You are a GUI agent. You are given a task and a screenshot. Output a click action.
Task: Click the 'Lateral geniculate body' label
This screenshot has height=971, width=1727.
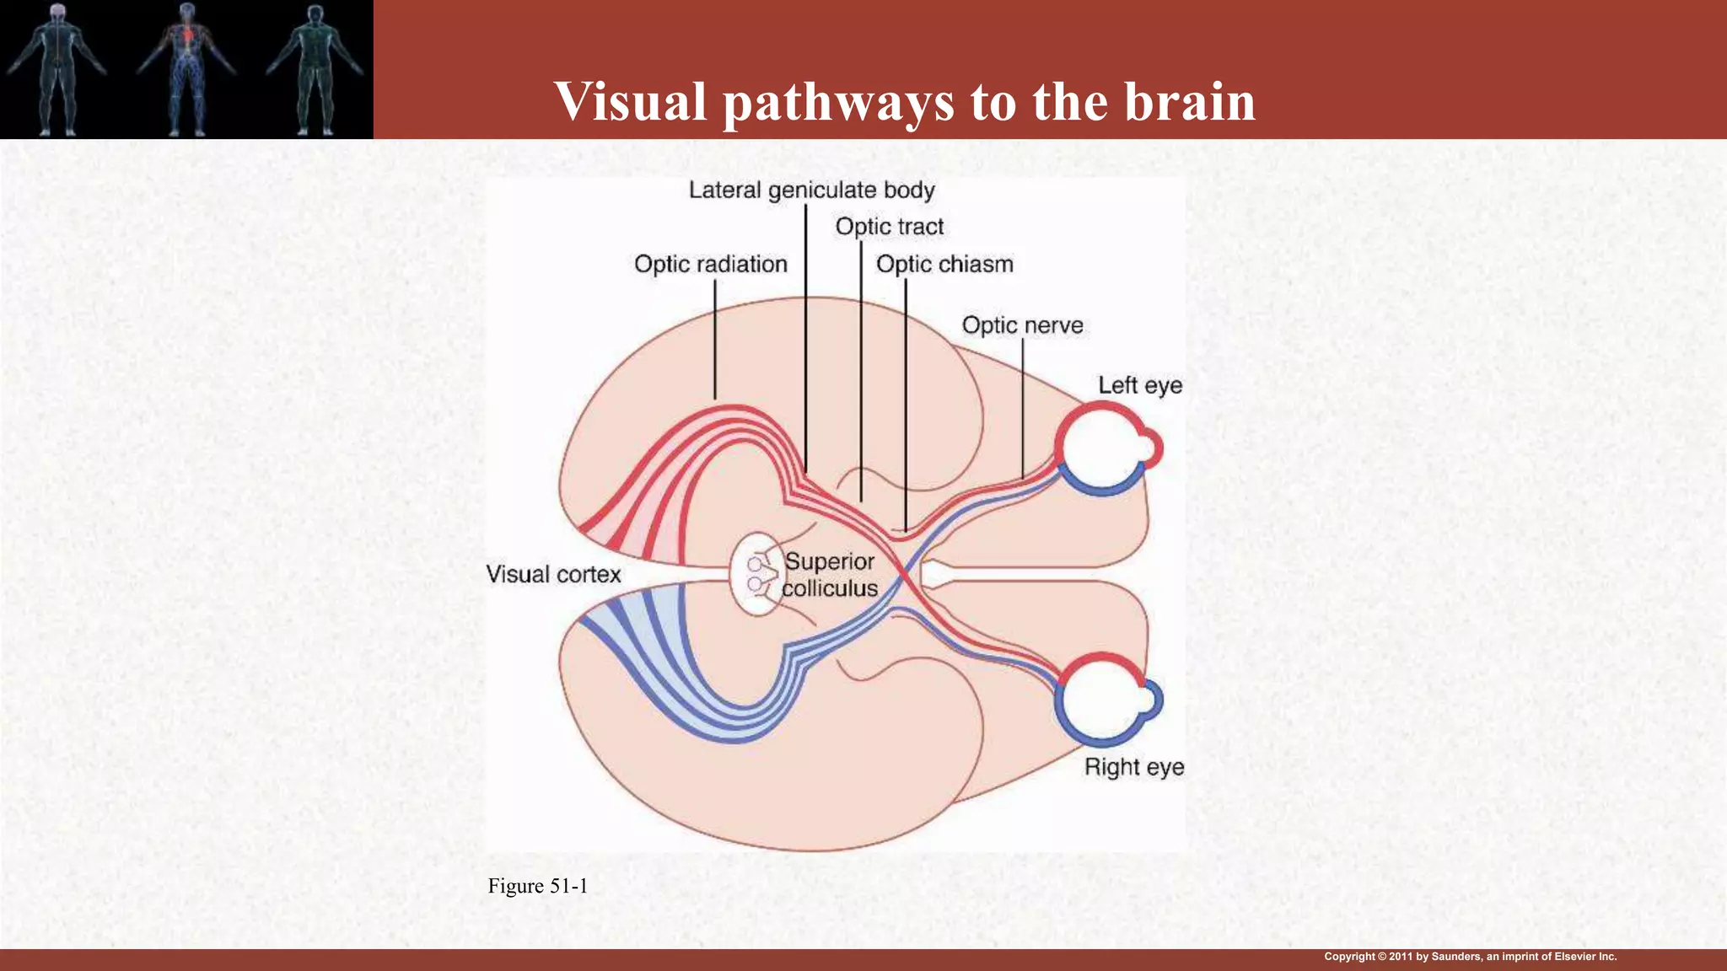[x=811, y=190]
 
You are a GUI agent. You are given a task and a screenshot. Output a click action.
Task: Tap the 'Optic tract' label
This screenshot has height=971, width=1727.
[x=890, y=227]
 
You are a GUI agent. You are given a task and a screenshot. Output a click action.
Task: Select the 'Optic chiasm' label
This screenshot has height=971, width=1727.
[x=944, y=265]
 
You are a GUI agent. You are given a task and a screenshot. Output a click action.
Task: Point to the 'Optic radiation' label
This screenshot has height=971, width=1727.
[x=710, y=265]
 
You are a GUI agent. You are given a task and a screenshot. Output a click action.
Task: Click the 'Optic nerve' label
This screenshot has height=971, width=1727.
[x=1022, y=325]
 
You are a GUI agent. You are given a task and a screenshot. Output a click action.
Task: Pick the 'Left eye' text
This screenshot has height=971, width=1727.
[x=1139, y=385]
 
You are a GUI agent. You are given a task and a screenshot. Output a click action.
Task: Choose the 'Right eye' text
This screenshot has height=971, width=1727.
[x=1134, y=767]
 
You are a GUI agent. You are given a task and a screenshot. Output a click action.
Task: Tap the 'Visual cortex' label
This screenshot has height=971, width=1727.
[x=553, y=575]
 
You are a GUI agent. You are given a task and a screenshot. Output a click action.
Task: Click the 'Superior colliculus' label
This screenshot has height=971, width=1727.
[x=830, y=575]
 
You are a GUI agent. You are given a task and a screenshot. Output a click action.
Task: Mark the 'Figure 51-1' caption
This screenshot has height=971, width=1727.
[x=537, y=886]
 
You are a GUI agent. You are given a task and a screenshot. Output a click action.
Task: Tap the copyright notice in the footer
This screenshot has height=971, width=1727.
[x=1470, y=957]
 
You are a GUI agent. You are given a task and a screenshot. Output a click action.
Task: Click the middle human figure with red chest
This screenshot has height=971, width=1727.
[x=186, y=69]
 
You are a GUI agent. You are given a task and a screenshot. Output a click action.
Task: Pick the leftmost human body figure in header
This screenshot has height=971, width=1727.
[x=56, y=69]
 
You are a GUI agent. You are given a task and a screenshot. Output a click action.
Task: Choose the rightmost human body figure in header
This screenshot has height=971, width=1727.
[x=315, y=69]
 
